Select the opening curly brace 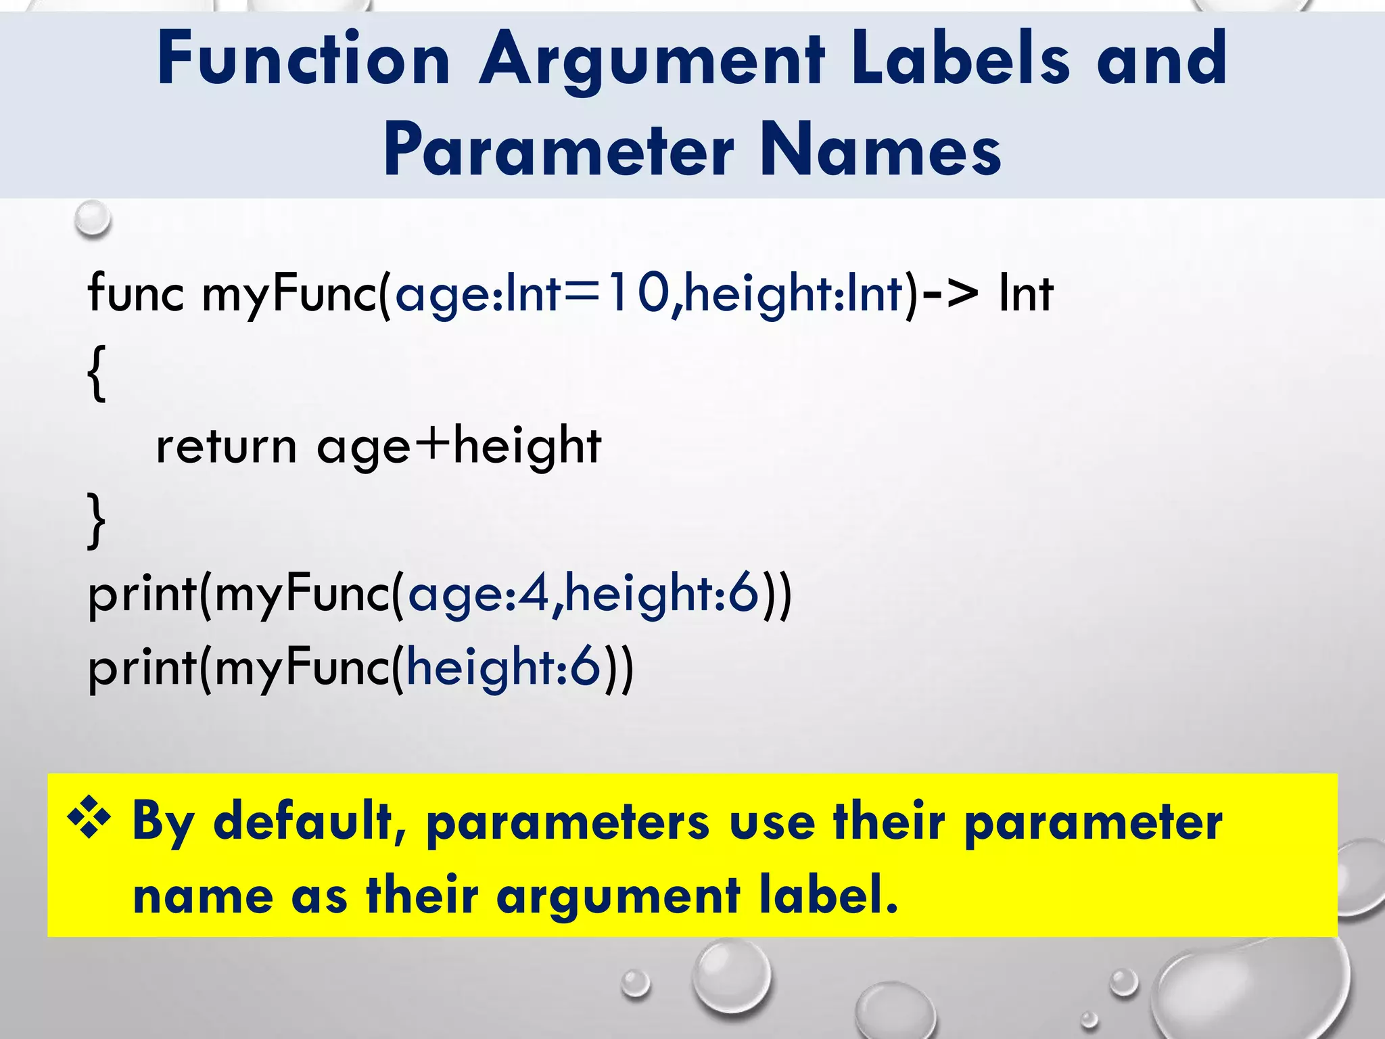tap(97, 373)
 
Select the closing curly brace tap(97, 520)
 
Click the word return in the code tap(226, 446)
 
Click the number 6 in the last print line tap(585, 667)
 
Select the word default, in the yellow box tap(309, 821)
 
